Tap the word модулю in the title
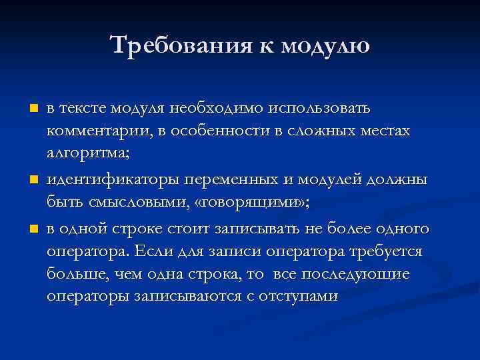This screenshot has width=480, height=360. [x=325, y=46]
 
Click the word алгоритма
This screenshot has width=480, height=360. [x=89, y=154]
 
